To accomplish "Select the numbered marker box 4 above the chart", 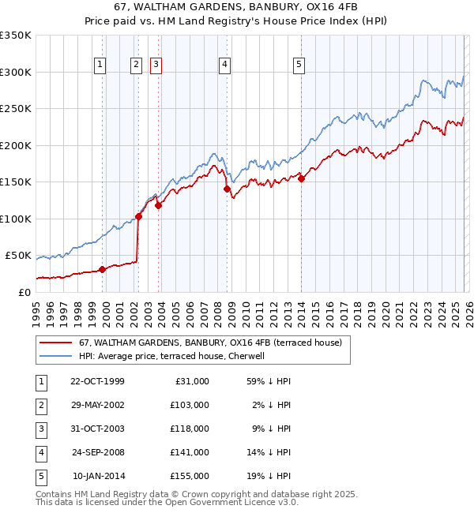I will (x=225, y=66).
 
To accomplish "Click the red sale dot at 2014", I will (x=301, y=178).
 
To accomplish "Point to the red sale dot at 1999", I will (x=102, y=269).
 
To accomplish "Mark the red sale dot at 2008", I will (x=227, y=189).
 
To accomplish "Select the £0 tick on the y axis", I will (x=24, y=293).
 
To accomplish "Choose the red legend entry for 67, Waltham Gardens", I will (x=209, y=343).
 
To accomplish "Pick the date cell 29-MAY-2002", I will (x=97, y=404).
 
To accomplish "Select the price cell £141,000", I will (x=190, y=452).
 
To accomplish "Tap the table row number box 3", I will (x=41, y=429).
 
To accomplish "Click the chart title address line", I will (x=237, y=9).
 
